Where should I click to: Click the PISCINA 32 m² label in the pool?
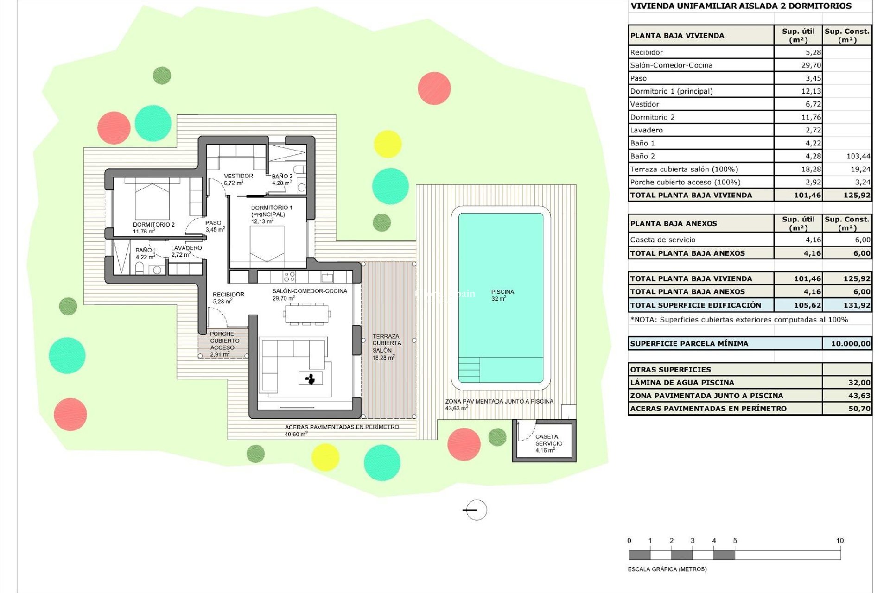point(502,295)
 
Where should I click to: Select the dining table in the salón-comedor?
point(306,314)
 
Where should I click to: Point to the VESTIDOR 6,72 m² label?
point(238,179)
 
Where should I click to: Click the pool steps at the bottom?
point(469,370)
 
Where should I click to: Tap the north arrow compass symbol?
point(476,510)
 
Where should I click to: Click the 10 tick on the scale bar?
point(840,541)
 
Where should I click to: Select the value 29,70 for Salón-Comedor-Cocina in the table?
point(811,65)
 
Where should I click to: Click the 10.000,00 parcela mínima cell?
point(850,344)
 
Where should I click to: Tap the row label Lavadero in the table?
point(646,130)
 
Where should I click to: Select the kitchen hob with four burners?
point(289,277)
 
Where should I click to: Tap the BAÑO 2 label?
point(282,179)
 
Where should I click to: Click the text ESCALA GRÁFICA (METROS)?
point(667,569)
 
